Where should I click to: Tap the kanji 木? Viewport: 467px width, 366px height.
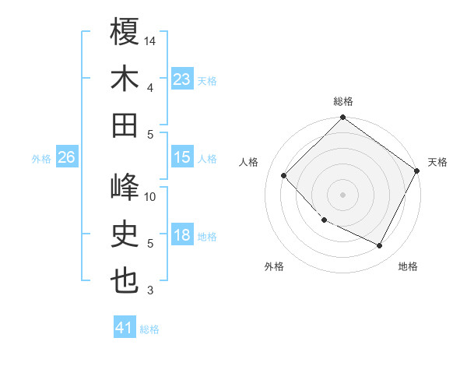click(125, 79)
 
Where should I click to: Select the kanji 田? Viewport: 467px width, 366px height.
click(125, 125)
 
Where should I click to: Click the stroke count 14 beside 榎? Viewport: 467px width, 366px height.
click(151, 40)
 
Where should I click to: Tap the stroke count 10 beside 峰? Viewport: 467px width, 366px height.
click(151, 197)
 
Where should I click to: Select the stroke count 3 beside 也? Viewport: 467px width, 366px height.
click(149, 291)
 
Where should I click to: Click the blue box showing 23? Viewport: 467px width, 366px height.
click(182, 79)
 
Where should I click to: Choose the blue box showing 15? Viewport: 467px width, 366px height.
click(182, 157)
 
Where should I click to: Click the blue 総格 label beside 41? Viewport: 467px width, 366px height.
click(150, 329)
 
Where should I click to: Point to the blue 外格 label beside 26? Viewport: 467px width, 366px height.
click(41, 159)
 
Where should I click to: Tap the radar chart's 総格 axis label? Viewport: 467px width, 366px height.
click(343, 101)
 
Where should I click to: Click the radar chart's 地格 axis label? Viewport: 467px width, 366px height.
click(408, 266)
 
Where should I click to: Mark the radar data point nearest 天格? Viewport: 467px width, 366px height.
click(417, 171)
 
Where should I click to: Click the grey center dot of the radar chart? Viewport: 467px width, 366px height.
click(342, 194)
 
